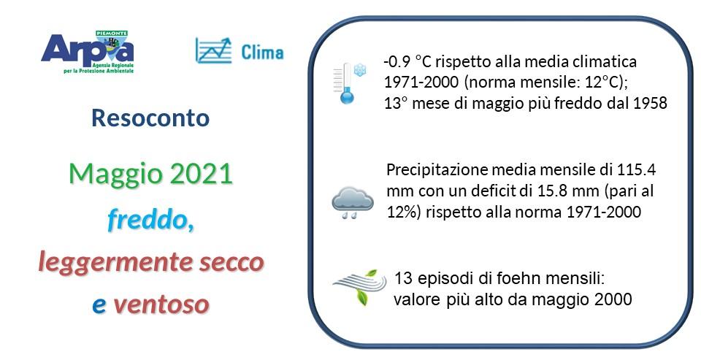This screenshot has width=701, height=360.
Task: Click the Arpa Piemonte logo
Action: coord(88,53)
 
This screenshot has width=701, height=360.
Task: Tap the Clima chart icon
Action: coord(212,50)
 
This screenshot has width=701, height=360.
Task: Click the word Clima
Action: coord(261,52)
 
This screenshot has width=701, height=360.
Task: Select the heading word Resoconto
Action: coord(150,118)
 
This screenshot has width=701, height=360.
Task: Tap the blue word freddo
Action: coord(150,218)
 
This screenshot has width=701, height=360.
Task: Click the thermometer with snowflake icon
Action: coord(349,83)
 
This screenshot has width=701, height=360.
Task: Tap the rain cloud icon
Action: coord(353,201)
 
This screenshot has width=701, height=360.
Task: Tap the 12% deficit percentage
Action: coord(400,212)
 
